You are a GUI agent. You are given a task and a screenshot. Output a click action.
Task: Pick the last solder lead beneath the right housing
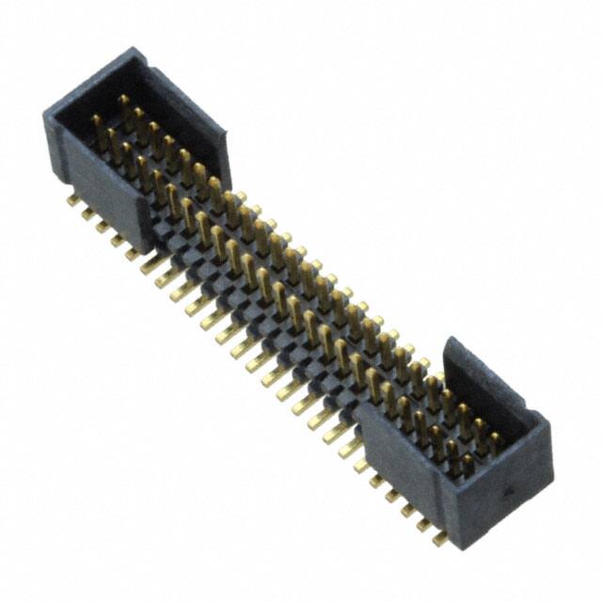coord(438,538)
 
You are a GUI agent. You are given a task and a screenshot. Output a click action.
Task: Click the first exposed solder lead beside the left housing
coord(150,265)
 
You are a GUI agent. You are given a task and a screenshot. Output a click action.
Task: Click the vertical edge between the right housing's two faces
coord(450,499)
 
